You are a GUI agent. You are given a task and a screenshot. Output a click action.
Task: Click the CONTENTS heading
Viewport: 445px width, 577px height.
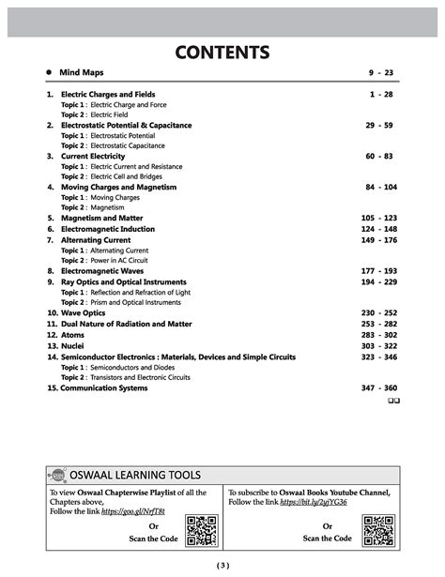(222, 51)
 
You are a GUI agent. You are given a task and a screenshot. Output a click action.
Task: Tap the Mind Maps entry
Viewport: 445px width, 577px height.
(82, 72)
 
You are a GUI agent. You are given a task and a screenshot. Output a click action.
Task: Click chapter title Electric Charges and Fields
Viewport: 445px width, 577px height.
(108, 95)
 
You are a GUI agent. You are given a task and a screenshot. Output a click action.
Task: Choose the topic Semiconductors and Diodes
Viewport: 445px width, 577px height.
(131, 367)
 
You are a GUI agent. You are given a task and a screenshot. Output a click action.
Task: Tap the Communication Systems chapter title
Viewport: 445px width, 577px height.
(103, 387)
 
